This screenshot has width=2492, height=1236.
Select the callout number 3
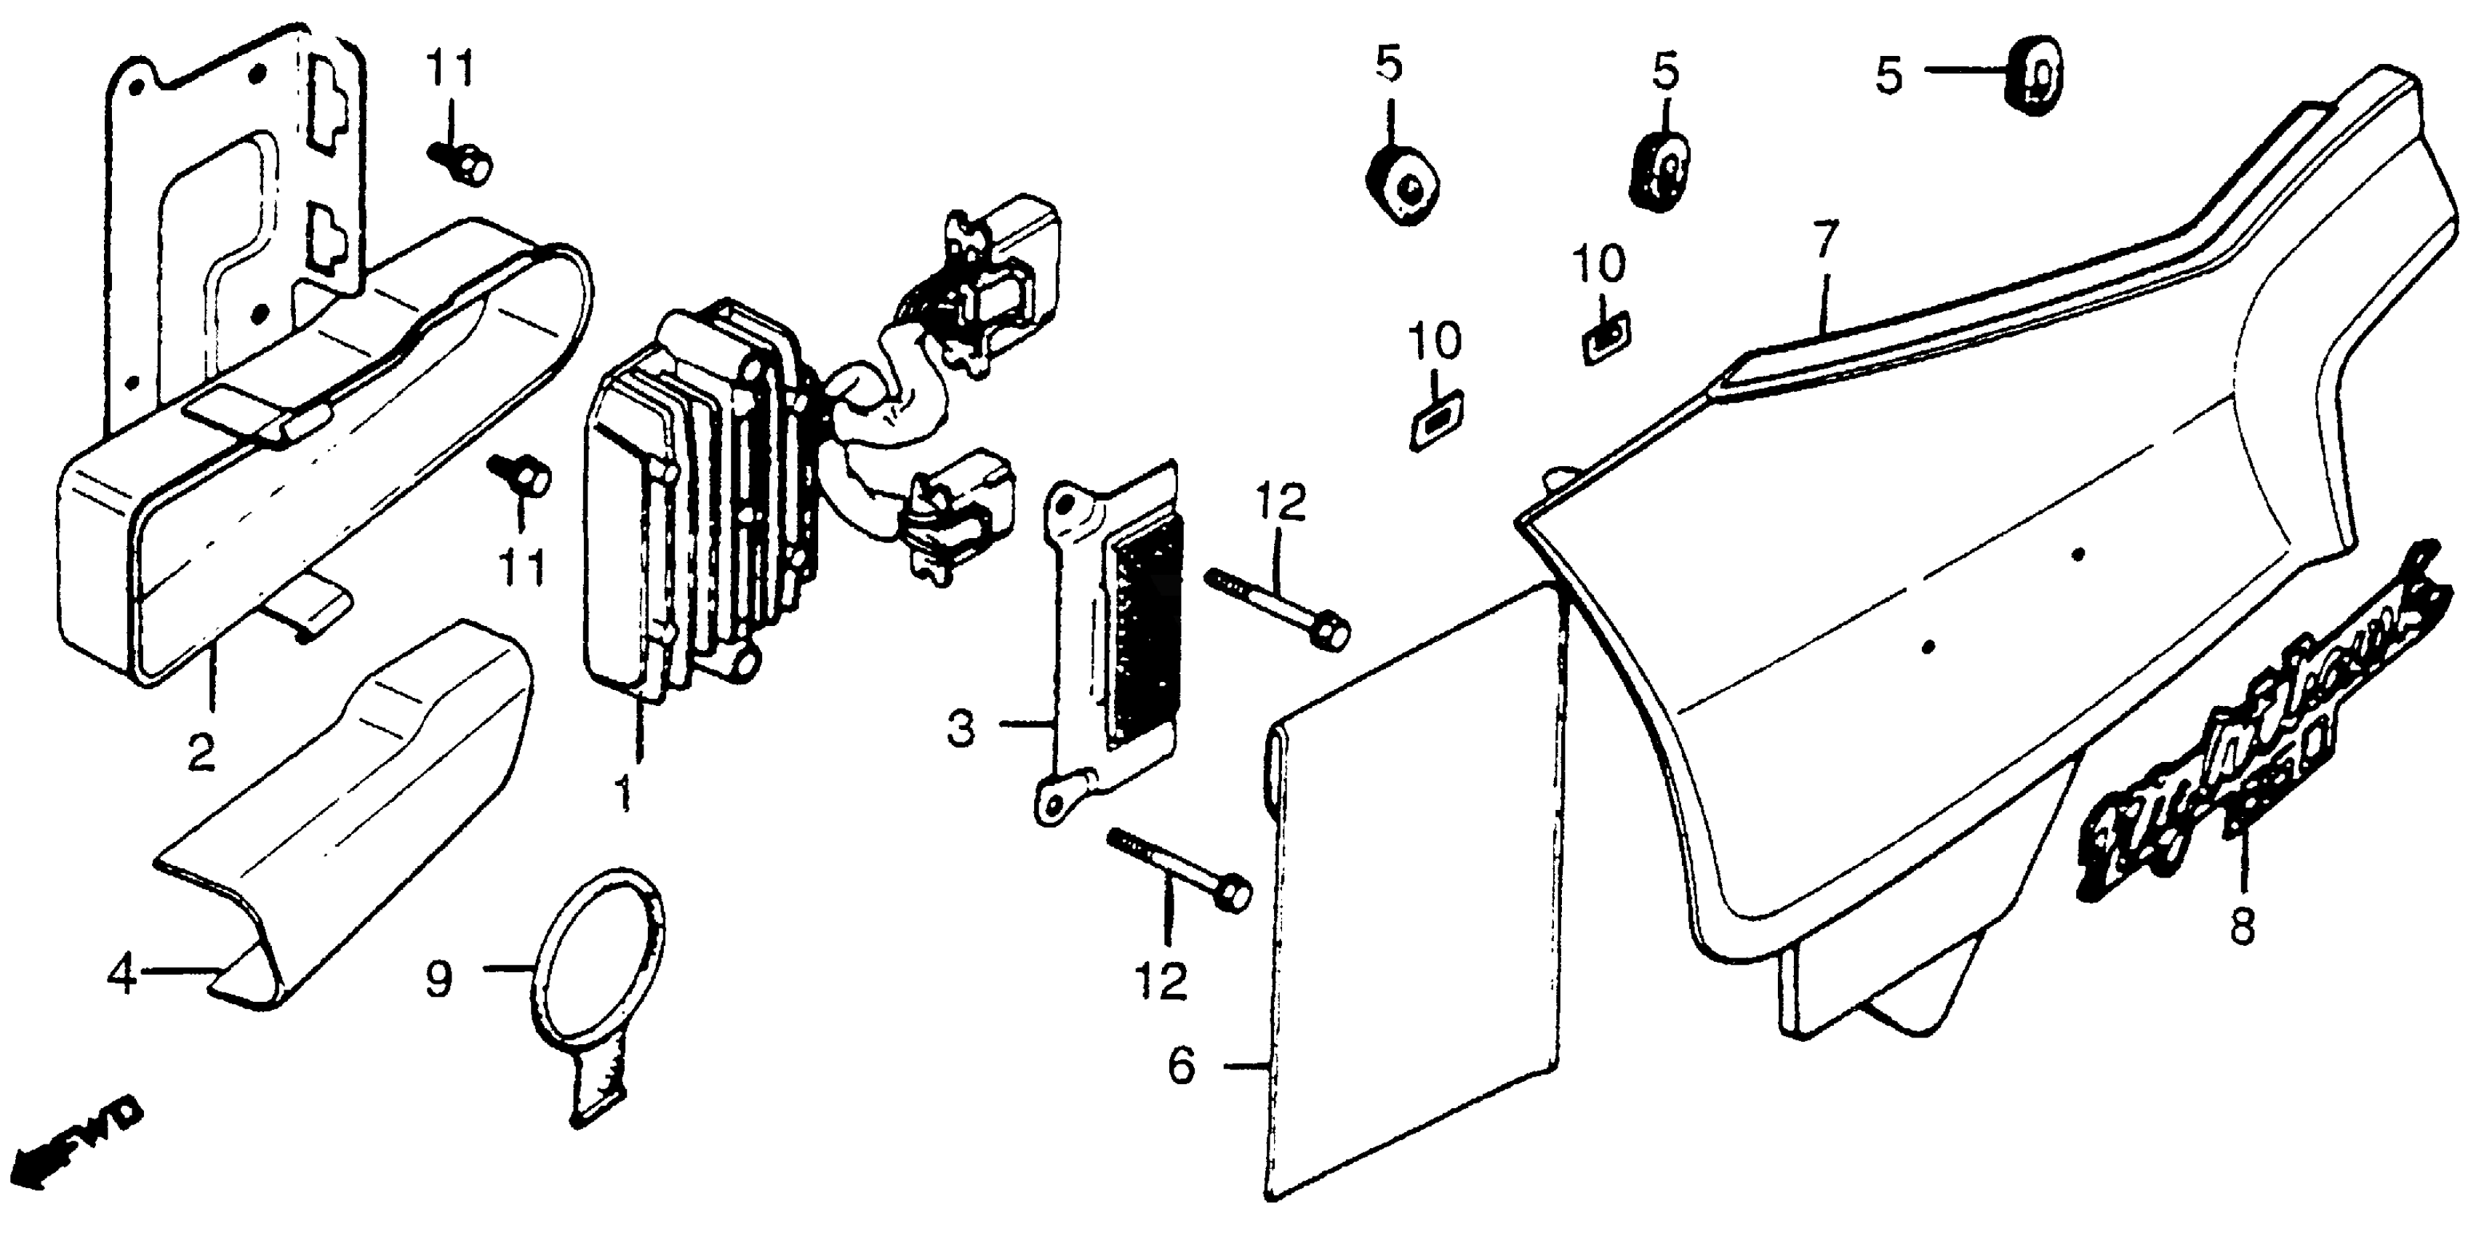point(961,729)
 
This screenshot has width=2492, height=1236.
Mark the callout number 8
point(2241,926)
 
